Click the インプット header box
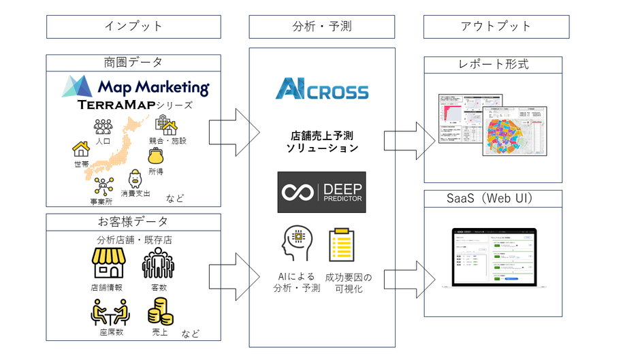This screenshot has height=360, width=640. tap(133, 27)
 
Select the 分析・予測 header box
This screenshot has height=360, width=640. tap(323, 27)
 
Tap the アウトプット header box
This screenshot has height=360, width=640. tap(496, 27)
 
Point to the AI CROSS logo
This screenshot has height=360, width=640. tap(322, 90)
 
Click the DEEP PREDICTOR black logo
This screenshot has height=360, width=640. tap(322, 192)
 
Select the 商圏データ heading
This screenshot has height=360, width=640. tap(133, 63)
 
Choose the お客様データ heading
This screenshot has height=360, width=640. tap(133, 222)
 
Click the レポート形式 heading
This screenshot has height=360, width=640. tap(493, 65)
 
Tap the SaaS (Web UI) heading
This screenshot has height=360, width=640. tap(493, 198)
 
